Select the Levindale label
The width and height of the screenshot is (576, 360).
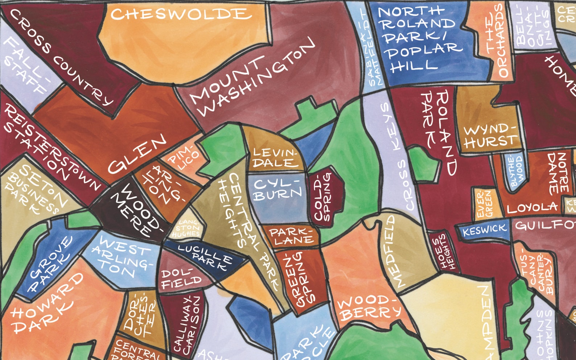275,158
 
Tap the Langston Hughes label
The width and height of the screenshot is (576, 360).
187,228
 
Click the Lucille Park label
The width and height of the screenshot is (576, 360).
205,256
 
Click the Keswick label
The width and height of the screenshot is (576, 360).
484,229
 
